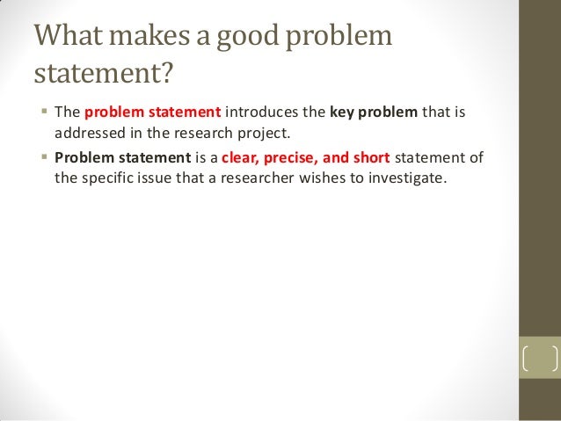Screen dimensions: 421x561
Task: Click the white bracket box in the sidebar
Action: (540, 359)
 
